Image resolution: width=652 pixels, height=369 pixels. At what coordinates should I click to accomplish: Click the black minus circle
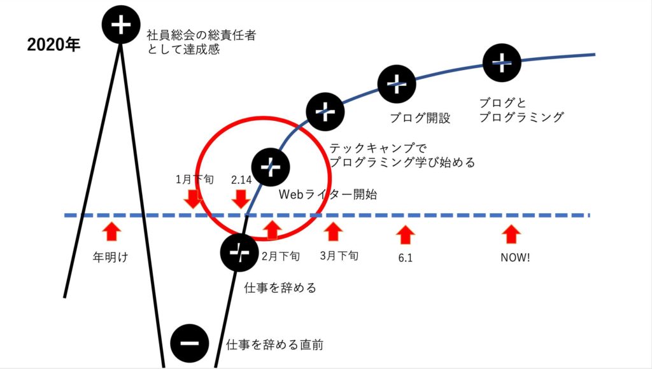pos(190,344)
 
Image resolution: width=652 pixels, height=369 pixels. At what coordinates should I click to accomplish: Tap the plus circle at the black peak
pos(120,25)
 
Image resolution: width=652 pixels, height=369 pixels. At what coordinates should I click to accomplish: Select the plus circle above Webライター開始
pos(271,167)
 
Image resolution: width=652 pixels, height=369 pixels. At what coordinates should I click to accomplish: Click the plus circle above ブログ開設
pos(397,84)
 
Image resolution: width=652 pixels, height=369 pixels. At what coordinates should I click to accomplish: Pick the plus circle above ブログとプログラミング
pos(502,63)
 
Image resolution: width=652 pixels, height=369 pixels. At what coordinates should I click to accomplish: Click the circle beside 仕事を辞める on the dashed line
pos(239,253)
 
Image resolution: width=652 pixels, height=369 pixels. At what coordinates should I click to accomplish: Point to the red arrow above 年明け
pos(111,232)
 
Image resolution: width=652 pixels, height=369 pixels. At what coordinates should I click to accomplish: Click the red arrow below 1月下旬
pos(193,198)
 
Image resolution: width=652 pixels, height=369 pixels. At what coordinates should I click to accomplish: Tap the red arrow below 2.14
pos(241,198)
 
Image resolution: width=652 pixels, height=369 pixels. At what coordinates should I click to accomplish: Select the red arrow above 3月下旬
pos(333,232)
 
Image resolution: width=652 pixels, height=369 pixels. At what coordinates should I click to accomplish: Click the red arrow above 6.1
pos(405,235)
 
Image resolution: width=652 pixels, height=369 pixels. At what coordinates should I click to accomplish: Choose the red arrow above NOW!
pos(511,234)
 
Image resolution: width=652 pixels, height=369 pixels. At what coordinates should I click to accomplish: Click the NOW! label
pos(515,258)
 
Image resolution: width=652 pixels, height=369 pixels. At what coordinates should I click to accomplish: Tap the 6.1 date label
pos(406,258)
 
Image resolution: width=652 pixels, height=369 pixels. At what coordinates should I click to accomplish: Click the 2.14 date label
pos(241,180)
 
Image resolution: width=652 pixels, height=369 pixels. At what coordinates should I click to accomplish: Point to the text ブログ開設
pos(420,118)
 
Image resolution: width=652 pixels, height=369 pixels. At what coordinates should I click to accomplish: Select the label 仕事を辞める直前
pos(274,344)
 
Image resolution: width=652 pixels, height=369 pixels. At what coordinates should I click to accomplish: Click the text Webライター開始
pos(328,195)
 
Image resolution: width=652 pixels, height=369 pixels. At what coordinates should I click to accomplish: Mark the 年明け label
pos(110,258)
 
